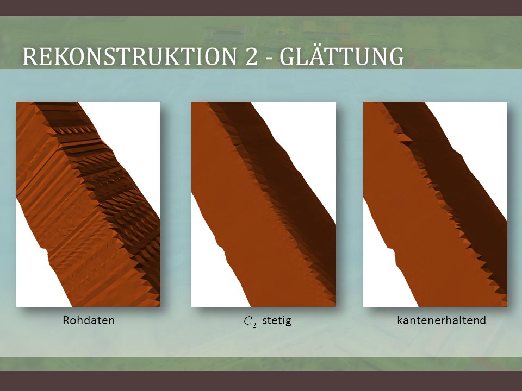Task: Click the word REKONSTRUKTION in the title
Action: tap(129, 56)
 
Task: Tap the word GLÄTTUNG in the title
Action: tap(341, 55)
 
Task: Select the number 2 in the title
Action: tap(252, 56)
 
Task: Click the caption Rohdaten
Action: tap(89, 320)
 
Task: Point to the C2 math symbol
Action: tap(250, 321)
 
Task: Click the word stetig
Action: tap(277, 320)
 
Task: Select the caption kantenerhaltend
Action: tap(442, 320)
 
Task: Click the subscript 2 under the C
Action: tap(254, 325)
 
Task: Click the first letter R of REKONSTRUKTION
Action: tap(29, 56)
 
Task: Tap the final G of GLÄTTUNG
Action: tap(396, 56)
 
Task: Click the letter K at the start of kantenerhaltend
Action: tap(400, 320)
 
